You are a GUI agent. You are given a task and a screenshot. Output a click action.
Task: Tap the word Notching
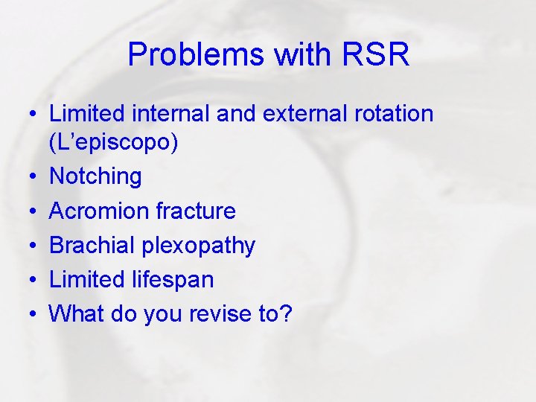pyautogui.click(x=95, y=176)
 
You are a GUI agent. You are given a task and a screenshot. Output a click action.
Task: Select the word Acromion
pyautogui.click(x=99, y=211)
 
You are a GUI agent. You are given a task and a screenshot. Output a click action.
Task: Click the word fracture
pyautogui.click(x=196, y=211)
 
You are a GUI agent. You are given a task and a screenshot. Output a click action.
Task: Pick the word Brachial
pyautogui.click(x=93, y=245)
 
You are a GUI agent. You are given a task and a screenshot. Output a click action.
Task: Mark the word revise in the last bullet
pyautogui.click(x=222, y=314)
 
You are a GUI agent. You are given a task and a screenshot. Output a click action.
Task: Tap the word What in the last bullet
pyautogui.click(x=77, y=314)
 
